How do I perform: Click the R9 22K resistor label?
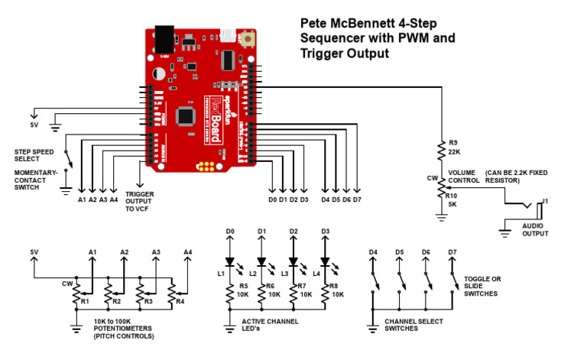[x=454, y=148]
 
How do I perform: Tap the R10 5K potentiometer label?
[x=454, y=199]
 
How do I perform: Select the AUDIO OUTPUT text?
[x=535, y=229]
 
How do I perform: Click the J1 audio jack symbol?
[x=527, y=207]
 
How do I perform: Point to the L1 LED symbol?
[x=229, y=262]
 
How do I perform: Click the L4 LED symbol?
[x=324, y=262]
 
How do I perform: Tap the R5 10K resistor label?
[x=242, y=290]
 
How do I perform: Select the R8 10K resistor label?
[x=337, y=290]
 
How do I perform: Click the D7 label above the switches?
[x=452, y=251]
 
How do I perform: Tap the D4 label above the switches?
[x=373, y=251]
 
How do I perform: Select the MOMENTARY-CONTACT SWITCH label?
[x=35, y=180]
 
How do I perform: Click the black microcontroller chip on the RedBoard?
[x=184, y=115]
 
